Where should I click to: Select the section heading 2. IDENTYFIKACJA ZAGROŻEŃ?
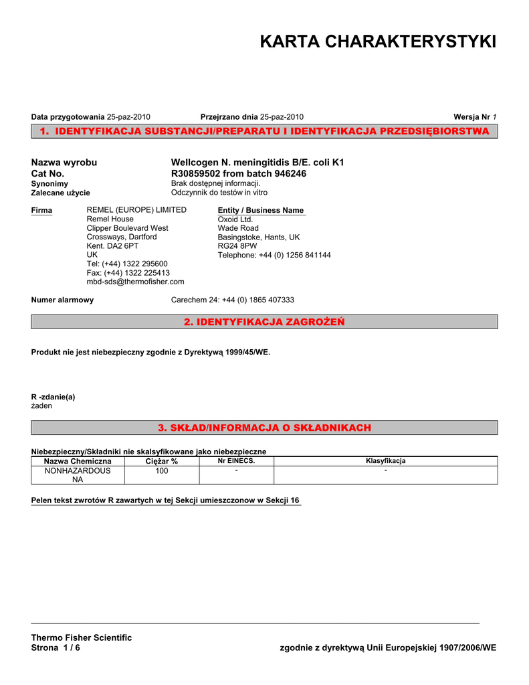(x=264, y=322)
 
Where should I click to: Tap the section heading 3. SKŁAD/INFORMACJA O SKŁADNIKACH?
(x=264, y=427)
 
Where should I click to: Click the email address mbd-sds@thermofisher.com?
(x=135, y=282)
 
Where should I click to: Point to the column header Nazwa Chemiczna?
(x=78, y=462)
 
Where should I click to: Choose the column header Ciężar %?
(x=161, y=462)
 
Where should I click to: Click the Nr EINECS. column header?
(x=236, y=461)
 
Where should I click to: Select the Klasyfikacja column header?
(x=385, y=461)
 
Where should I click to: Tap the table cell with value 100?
(x=161, y=471)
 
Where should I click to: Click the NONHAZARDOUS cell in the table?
(x=78, y=471)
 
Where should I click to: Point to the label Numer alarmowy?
(x=62, y=300)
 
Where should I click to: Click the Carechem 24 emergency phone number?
(x=233, y=300)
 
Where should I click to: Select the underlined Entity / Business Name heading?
(x=261, y=210)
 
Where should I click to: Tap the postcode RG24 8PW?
(x=237, y=246)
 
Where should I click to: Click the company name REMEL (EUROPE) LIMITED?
(x=136, y=210)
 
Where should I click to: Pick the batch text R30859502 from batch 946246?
(x=239, y=173)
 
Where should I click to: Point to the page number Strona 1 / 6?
(x=56, y=648)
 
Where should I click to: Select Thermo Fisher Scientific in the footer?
(x=82, y=638)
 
